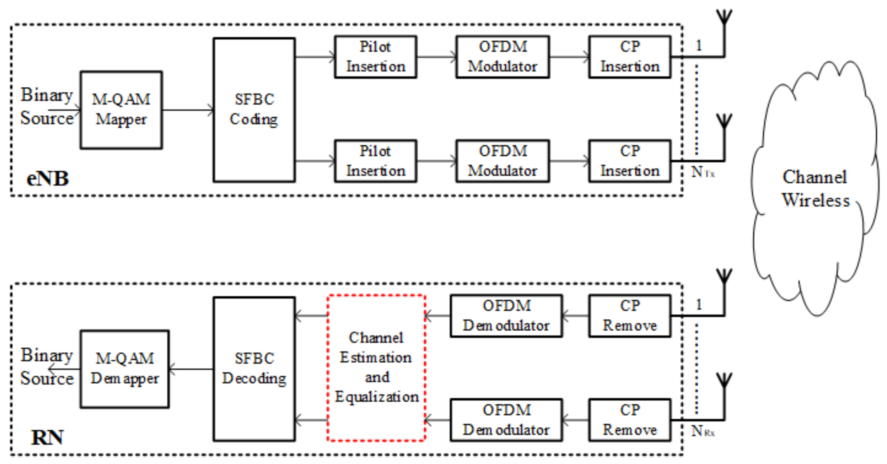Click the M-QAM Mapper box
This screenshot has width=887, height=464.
(121, 110)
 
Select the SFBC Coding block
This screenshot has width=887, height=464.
(254, 110)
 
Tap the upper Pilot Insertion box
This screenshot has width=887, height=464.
(375, 57)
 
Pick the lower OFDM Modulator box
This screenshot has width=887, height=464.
(502, 161)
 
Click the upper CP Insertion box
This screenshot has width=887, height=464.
(629, 57)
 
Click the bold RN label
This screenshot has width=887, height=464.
(47, 438)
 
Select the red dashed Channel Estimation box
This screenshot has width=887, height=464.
(376, 367)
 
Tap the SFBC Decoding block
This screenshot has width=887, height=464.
(254, 369)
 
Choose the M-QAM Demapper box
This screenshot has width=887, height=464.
(125, 369)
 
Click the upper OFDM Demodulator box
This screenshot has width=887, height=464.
(506, 316)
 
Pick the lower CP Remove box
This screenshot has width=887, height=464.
(629, 420)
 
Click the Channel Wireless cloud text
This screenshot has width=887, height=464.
(815, 189)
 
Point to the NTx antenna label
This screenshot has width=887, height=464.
(702, 172)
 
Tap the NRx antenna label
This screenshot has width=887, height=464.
(702, 431)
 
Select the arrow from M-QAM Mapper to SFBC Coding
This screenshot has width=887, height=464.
(188, 110)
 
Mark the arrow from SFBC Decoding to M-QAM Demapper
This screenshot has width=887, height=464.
(191, 369)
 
